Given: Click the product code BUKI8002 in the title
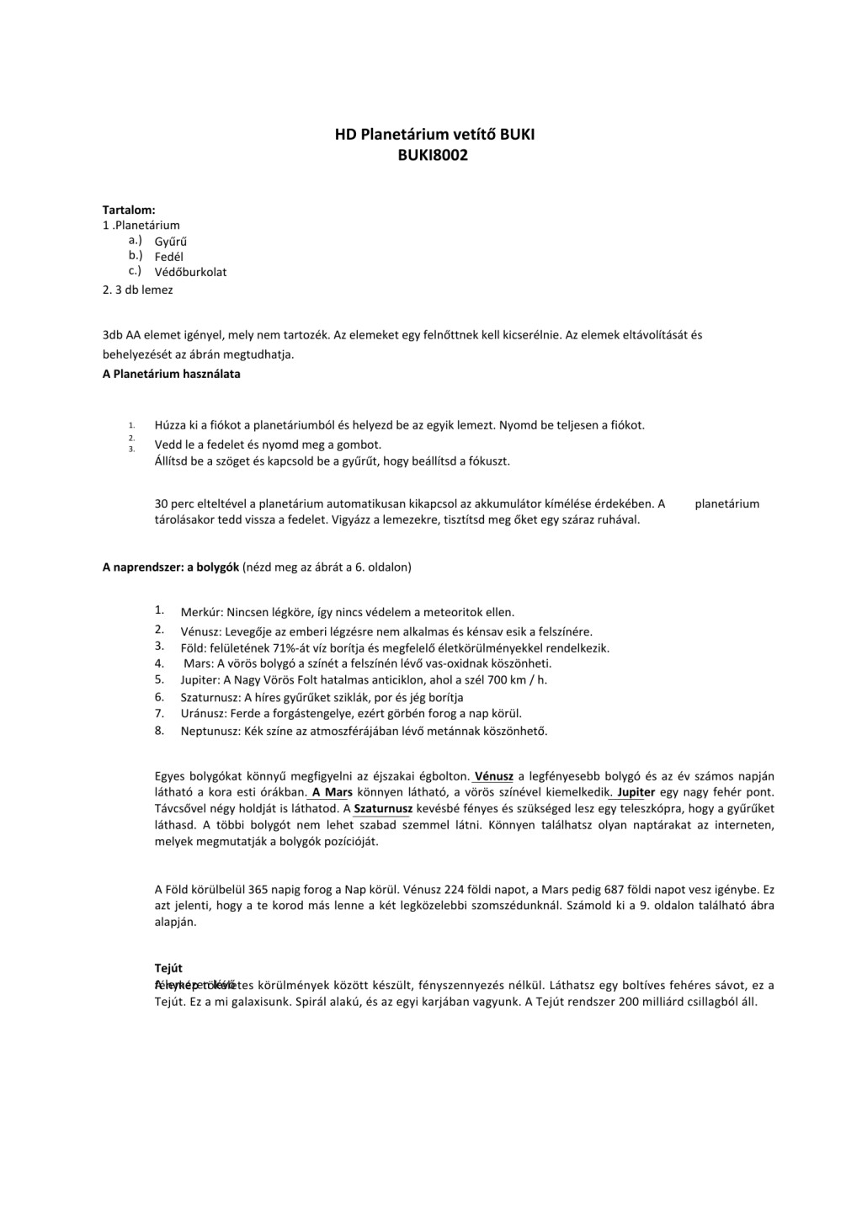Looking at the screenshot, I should coord(434,155).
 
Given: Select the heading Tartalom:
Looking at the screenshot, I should coord(129,209).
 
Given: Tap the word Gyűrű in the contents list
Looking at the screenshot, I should coord(171,242).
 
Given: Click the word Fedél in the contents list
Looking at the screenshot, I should coord(169,257).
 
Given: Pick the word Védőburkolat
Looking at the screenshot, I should coord(190,272).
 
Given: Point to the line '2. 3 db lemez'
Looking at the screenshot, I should coord(138,290).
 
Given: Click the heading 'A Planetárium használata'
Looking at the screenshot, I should coord(172,374).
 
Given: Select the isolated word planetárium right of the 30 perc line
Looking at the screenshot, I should coord(726,503).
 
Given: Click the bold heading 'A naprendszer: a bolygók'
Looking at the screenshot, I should coord(171,567).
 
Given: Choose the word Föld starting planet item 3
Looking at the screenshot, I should coord(193,648).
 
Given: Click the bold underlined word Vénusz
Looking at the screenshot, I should coord(494,776).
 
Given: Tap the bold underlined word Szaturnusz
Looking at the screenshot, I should coord(383,809).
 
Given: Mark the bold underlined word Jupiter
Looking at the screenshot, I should coord(636,792).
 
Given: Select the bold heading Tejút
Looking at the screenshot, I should coord(168,968).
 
